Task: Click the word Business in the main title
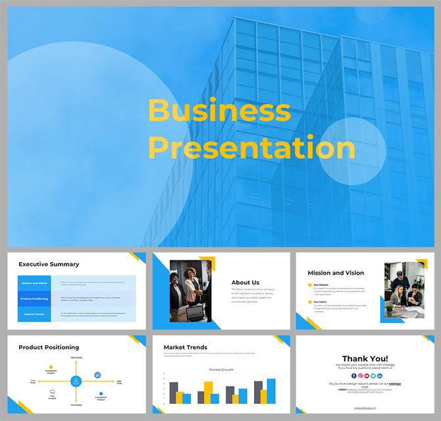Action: point(220,111)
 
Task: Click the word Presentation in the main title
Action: point(251,148)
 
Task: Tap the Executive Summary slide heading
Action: point(49,264)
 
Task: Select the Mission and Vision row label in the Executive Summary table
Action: point(34,283)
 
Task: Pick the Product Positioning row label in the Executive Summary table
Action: point(34,298)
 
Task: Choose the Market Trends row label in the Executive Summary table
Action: point(34,314)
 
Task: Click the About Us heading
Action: point(245,283)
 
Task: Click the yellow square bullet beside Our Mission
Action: point(310,285)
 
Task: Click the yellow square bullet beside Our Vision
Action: point(310,302)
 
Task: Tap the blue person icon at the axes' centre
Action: point(76,381)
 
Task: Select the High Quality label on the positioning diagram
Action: point(76,357)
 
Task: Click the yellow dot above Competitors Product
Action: point(51,367)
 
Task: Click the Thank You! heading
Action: point(365,358)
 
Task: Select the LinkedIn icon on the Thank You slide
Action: point(380,376)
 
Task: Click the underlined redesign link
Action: point(394,383)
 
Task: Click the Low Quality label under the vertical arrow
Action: point(76,405)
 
